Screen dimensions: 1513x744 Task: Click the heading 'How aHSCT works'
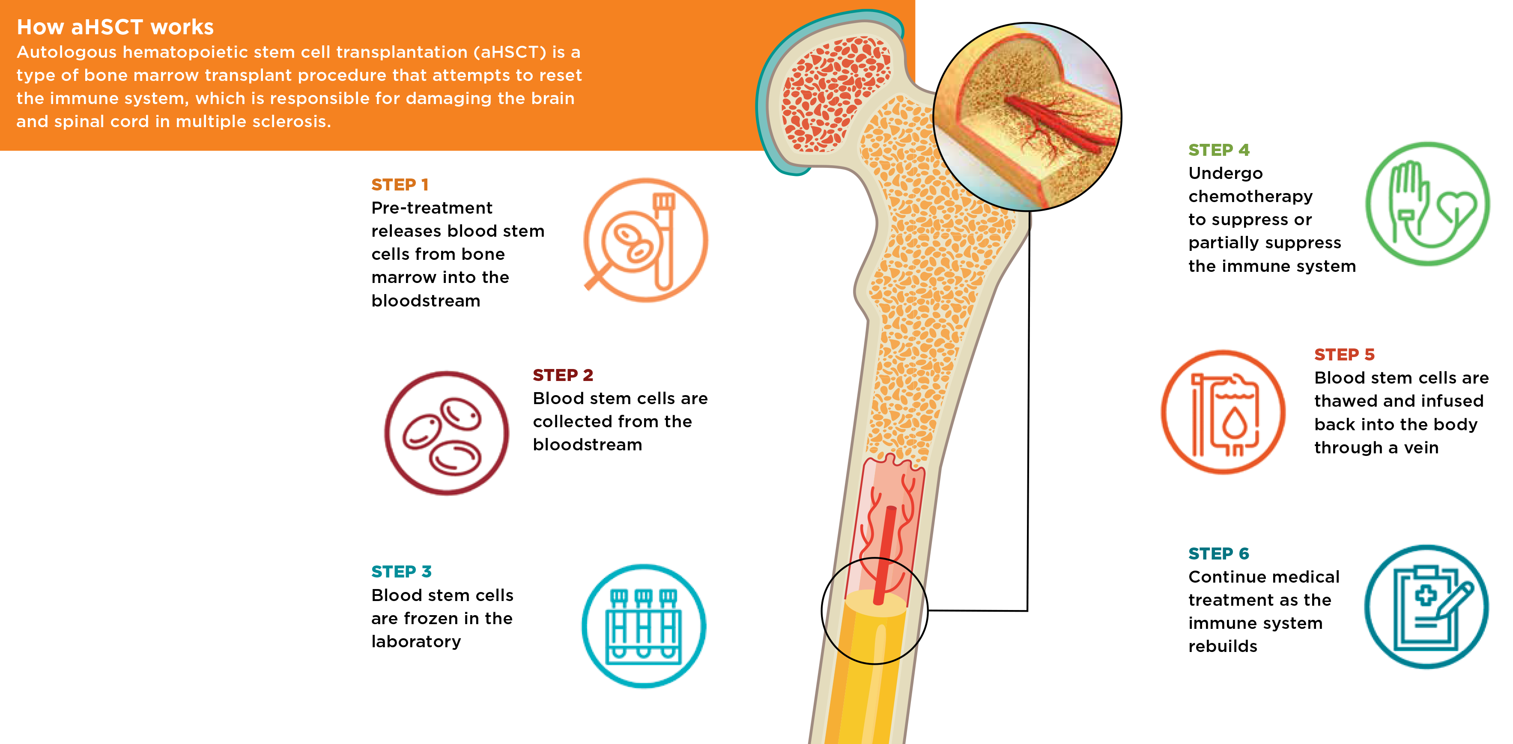click(x=115, y=27)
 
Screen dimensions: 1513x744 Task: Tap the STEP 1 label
click(x=400, y=185)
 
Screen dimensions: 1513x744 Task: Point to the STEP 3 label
click(x=401, y=571)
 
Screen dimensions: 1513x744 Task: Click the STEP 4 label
click(x=1219, y=150)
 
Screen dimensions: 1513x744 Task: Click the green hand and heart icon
click(x=1427, y=204)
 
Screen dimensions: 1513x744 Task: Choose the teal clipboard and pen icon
click(x=1426, y=607)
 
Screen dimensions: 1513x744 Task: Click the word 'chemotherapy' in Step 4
click(x=1250, y=196)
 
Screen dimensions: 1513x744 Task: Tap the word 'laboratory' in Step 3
click(x=416, y=641)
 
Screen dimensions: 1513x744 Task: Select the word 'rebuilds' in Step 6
click(x=1222, y=646)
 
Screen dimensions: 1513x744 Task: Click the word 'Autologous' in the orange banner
click(x=66, y=52)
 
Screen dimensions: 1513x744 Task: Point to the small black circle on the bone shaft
click(x=874, y=611)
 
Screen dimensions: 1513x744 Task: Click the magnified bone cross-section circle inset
click(x=1027, y=117)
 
